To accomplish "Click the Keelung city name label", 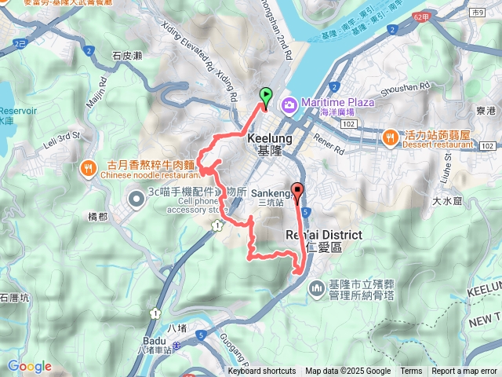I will pyautogui.click(x=269, y=137).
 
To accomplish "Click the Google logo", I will pyautogui.click(x=29, y=366).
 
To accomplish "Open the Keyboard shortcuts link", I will pyautogui.click(x=262, y=372).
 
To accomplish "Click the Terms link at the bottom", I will pyautogui.click(x=411, y=372).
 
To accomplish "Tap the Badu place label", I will pyautogui.click(x=155, y=341).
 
